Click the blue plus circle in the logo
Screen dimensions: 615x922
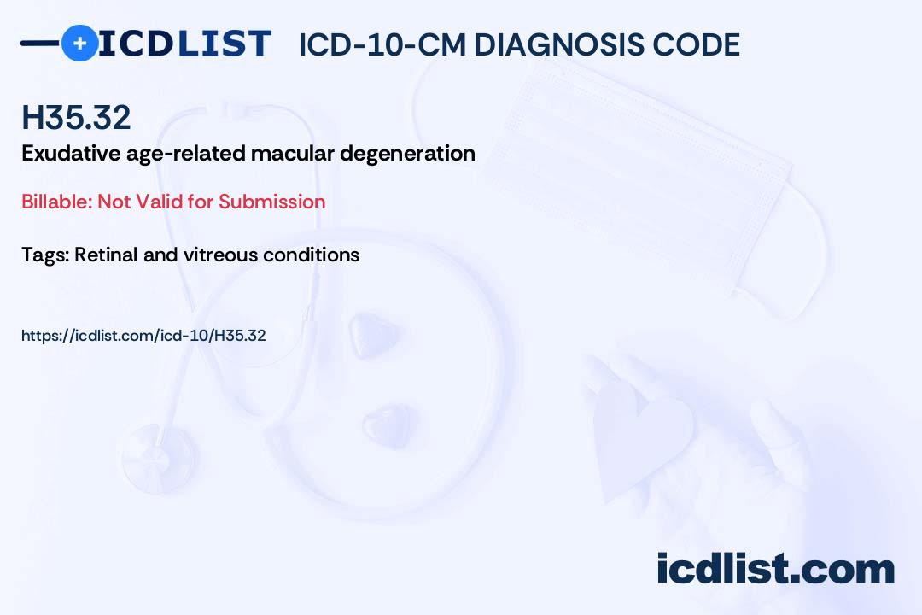click(x=79, y=44)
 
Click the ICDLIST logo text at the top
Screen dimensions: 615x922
click(x=184, y=44)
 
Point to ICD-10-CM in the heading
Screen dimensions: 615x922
click(x=382, y=45)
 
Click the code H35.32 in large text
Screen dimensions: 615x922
click(x=77, y=117)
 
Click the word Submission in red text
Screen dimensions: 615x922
click(x=272, y=202)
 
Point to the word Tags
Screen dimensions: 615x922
click(x=44, y=255)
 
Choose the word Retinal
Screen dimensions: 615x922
click(x=104, y=255)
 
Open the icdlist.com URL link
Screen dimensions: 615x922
click(x=143, y=336)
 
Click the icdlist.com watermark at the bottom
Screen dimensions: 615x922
click(x=775, y=569)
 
